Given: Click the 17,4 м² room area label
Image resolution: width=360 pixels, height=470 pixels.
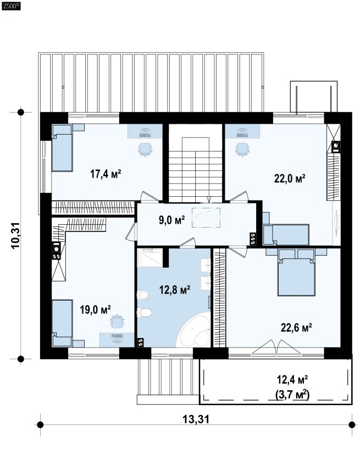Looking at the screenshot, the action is coord(106,174).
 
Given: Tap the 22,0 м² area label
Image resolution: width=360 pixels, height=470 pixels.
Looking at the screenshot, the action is coord(290,178).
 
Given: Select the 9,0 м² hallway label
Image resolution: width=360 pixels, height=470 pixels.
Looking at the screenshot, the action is coord(171,220).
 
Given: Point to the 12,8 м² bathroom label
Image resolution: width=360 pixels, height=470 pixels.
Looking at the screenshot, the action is coord(175,290).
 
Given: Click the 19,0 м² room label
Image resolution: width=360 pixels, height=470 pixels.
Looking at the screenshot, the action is coord(95,309).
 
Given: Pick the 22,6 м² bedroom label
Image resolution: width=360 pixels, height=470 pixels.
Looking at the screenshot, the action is coord(296,328).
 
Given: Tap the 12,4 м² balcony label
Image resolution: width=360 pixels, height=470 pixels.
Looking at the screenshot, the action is coord(292,380).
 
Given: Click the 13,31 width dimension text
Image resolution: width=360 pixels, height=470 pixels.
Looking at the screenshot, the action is coord(196,419).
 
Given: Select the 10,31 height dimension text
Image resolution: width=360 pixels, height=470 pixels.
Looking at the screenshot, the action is coord(15,235).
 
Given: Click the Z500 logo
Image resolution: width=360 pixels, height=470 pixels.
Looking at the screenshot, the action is coord(11,5).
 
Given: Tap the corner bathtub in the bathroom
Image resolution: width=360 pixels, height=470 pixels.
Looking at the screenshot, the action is coord(193,330).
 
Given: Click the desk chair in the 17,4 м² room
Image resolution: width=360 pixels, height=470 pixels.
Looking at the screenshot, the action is coord(145,150).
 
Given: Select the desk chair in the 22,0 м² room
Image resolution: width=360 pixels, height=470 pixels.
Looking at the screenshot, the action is coord(242,150).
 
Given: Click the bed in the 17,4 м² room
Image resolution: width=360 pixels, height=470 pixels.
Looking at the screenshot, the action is coord(62,148).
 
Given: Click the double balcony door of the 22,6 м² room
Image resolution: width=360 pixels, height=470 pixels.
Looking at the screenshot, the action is coord(276,348).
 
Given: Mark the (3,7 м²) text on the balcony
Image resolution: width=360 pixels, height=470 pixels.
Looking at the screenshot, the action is coord(292,394).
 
